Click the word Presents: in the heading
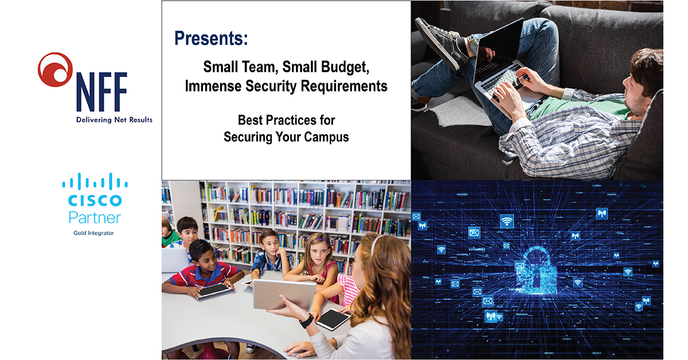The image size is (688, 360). [211, 39]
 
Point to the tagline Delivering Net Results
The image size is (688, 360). [114, 120]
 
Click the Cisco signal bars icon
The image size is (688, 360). [95, 182]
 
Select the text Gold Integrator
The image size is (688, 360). [93, 233]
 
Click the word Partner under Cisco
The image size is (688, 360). [95, 217]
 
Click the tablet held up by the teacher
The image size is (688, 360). [284, 294]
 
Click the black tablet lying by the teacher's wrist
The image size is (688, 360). [333, 319]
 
